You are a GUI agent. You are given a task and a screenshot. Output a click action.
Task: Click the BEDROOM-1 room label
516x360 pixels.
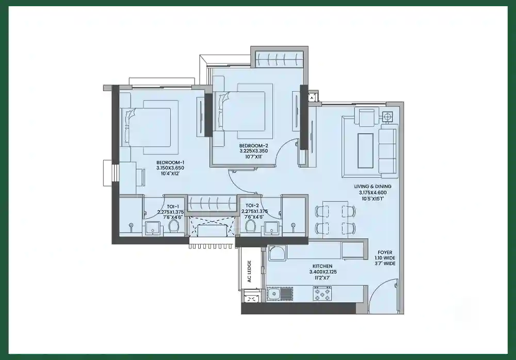(170, 162)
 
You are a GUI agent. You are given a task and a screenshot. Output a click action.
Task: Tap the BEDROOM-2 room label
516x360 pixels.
(254, 145)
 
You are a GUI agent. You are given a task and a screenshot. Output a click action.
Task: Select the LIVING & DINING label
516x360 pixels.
(373, 186)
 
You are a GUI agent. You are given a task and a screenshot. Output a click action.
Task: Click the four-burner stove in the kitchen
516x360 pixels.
(322, 294)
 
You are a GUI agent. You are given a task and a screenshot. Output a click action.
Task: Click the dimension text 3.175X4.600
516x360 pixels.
(373, 192)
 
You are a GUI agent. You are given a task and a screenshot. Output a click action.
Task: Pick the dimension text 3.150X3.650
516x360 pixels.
(170, 168)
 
